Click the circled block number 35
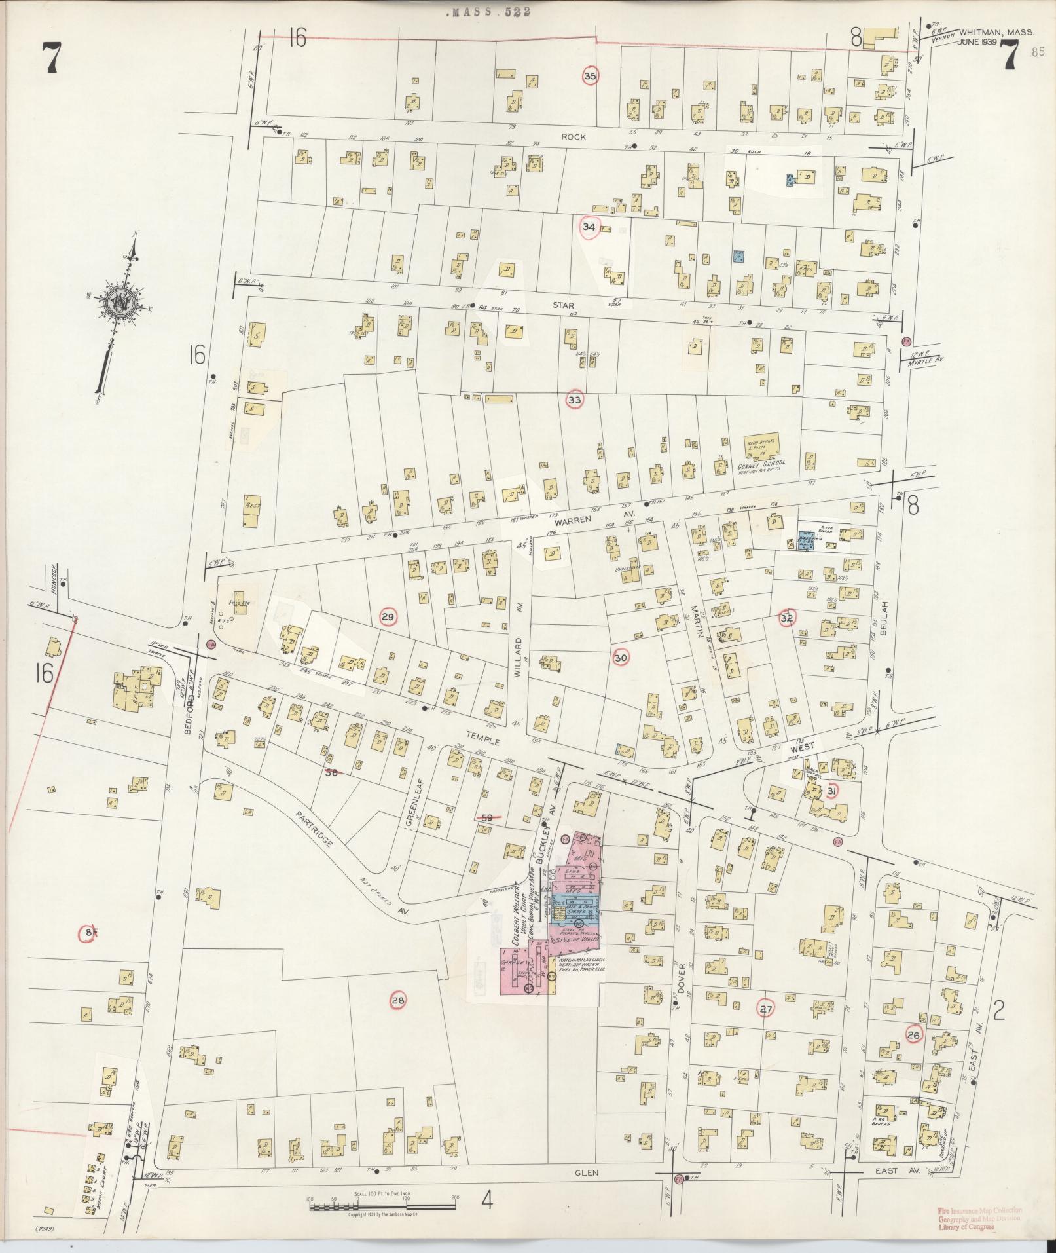coord(591,77)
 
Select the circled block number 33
coord(575,399)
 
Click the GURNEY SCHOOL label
coord(761,462)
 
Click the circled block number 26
coord(914,1034)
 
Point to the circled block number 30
coord(621,658)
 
